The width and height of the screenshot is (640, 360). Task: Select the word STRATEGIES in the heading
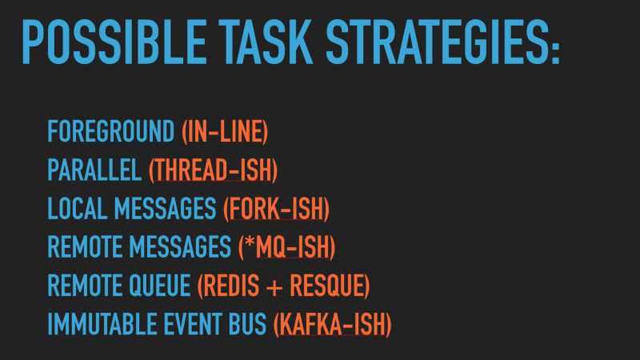pyautogui.click(x=438, y=42)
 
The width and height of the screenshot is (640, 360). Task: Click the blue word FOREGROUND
pyautogui.click(x=111, y=131)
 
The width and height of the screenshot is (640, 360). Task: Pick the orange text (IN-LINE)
pyautogui.click(x=225, y=131)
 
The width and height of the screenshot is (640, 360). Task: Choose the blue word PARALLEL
pyautogui.click(x=94, y=170)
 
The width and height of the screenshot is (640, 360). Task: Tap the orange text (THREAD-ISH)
pyautogui.click(x=213, y=170)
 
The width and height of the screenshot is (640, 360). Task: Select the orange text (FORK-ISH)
pyautogui.click(x=276, y=209)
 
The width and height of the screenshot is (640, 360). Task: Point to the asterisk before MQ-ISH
pyautogui.click(x=250, y=242)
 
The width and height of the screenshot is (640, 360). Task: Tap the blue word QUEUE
pyautogui.click(x=160, y=286)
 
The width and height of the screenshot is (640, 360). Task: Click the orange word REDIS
pyautogui.click(x=231, y=286)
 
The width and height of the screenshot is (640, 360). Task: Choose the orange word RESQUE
pyautogui.click(x=326, y=286)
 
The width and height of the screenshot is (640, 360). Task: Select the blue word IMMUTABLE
pyautogui.click(x=102, y=324)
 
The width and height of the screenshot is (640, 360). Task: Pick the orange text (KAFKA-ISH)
pyautogui.click(x=333, y=324)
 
